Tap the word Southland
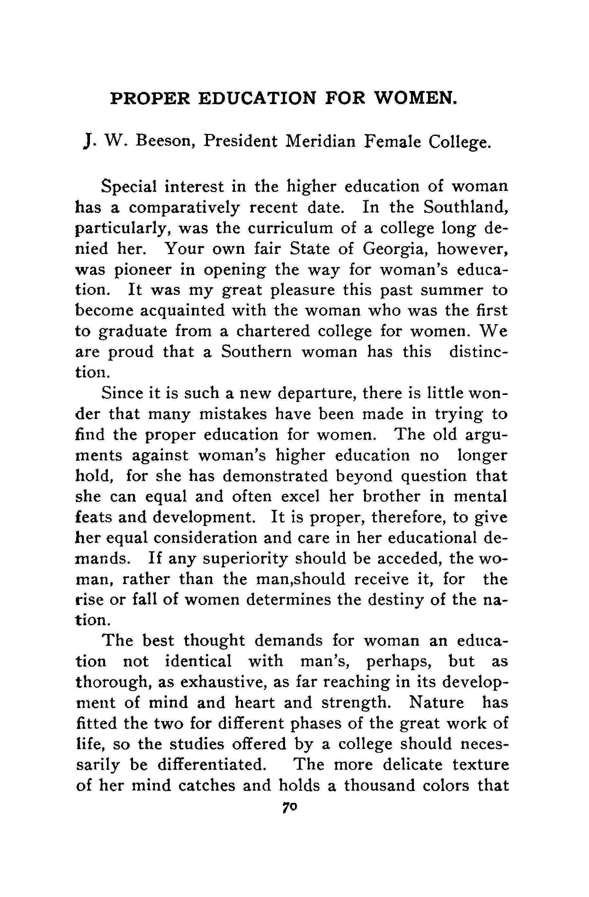pyautogui.click(x=465, y=207)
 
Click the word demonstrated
pyautogui.click(x=275, y=476)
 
